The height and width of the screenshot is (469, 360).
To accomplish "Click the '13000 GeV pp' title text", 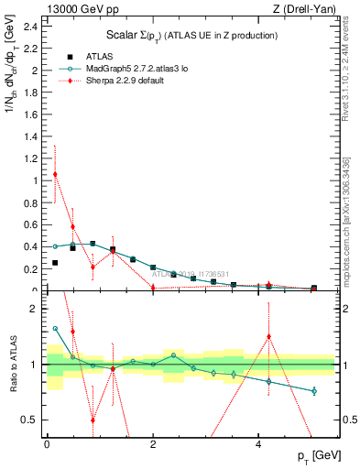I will click(x=79, y=9).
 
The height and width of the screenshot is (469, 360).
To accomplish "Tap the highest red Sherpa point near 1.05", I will click(x=55, y=174).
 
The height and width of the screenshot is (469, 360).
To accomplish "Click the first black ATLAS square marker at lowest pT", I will click(x=55, y=263).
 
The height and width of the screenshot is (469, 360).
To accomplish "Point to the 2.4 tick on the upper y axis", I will click(x=44, y=26).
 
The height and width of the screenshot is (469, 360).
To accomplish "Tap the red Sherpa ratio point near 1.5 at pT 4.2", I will click(x=268, y=336).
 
